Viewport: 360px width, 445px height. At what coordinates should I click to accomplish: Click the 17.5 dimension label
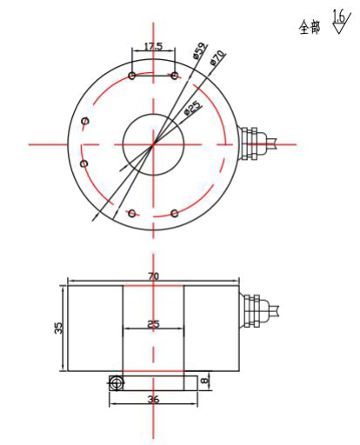[x=154, y=46]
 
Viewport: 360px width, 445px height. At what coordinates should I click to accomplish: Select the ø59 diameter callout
[x=201, y=50]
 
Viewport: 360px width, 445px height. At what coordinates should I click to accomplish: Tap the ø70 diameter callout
[x=217, y=57]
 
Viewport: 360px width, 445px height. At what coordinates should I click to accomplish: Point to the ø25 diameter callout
[x=193, y=108]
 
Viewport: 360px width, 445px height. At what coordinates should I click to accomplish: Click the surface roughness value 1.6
[x=338, y=17]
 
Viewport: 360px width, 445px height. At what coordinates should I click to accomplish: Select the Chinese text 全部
[x=310, y=28]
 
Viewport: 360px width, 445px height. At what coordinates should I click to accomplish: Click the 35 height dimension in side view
[x=58, y=328]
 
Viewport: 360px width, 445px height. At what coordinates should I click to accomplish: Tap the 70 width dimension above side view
[x=154, y=276]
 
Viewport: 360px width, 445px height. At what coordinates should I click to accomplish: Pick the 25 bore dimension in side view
[x=153, y=323]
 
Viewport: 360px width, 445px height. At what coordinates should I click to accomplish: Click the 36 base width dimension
[x=153, y=399]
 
